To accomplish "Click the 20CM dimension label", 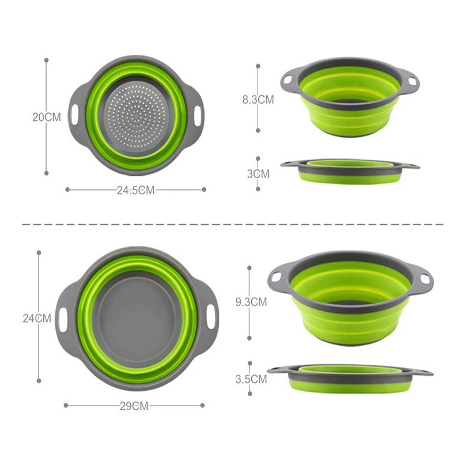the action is coord(47,117).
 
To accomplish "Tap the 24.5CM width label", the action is coord(135,190).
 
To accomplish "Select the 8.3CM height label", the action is coord(258,100).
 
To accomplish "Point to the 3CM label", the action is coord(258,174).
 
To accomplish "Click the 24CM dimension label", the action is coord(37,318).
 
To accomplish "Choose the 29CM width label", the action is coord(134,406).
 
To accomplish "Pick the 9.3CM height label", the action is coord(251,302).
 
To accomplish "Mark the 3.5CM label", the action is coord(251,379).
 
